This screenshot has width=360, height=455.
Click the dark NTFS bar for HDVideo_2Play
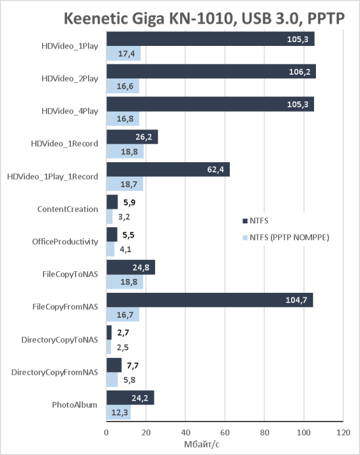pos(211,71)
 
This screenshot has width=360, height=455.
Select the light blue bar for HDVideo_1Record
pos(125,151)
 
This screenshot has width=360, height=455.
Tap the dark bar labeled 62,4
pos(168,169)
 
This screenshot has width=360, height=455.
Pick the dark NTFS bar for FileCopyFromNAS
pos(209,300)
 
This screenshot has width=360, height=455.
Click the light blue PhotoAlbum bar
pos(119,412)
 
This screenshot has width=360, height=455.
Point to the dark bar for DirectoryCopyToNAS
pos(109,332)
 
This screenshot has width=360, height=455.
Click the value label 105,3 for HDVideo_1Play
pos(297,39)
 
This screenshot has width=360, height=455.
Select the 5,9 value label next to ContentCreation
pos(129,202)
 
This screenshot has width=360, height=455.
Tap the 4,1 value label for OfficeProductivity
pos(125,250)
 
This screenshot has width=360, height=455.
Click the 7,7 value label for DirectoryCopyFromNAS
pos(133,365)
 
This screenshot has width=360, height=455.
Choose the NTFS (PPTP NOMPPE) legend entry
pos(286,237)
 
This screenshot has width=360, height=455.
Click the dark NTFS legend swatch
pos(245,221)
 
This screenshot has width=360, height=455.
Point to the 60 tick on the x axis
pos(225,433)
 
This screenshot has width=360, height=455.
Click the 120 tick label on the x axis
pos(343,433)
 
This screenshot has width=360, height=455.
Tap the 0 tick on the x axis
pos(106,433)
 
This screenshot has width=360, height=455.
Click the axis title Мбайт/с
pos(202,444)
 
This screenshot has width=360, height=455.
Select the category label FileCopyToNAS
pos(70,274)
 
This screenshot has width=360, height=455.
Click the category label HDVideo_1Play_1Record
pos(52,177)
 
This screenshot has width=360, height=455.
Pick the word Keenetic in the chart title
pos(96,19)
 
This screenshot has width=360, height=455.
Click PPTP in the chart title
pos(326,19)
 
